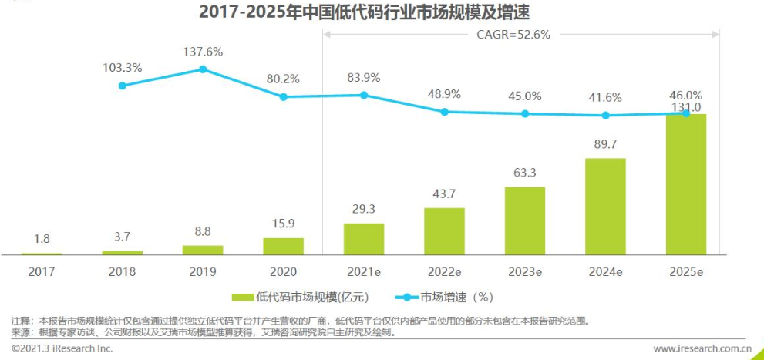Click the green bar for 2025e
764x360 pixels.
(685, 185)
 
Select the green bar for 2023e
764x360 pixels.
(524, 220)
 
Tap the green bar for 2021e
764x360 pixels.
(364, 239)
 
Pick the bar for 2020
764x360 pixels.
(283, 246)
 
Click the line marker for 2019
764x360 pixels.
(203, 69)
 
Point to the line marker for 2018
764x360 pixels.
(122, 86)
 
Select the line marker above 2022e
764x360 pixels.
(444, 112)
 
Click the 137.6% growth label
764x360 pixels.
(203, 52)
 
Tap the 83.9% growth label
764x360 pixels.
(364, 77)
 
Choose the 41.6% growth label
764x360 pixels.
(605, 98)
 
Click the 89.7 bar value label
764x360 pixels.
(605, 145)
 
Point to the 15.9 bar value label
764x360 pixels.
(283, 224)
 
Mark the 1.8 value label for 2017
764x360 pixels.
(42, 239)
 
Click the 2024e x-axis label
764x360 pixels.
(605, 271)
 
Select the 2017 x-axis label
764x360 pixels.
(42, 271)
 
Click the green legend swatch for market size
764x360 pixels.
(243, 297)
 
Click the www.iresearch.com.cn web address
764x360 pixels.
(702, 348)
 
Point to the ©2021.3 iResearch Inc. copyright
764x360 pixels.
(62, 348)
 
